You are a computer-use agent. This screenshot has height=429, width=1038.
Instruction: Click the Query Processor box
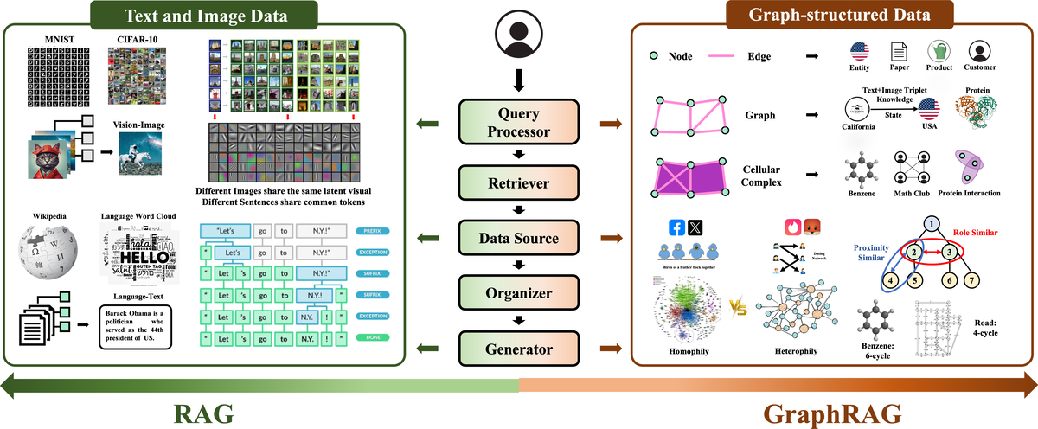coord(518,123)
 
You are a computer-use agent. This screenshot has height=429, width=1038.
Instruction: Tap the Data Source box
coord(518,237)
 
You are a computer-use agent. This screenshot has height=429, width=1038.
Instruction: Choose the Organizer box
coord(518,293)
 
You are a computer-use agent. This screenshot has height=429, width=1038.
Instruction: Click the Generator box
coord(518,350)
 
